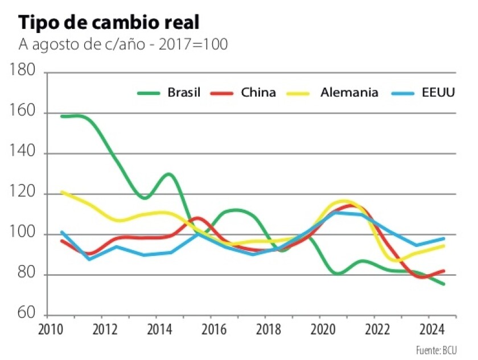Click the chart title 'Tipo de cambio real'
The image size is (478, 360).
(x=109, y=23)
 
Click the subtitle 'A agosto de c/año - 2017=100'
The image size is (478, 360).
(x=123, y=44)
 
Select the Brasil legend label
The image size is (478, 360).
(x=183, y=92)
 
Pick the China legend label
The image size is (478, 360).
(x=258, y=92)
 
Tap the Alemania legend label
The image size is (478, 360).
(x=349, y=92)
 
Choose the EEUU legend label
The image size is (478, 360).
(x=438, y=92)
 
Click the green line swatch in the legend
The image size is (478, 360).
(x=149, y=93)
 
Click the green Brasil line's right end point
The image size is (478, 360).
(x=444, y=284)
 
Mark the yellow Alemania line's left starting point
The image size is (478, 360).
(x=61, y=192)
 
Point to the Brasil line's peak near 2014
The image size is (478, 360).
(x=169, y=174)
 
